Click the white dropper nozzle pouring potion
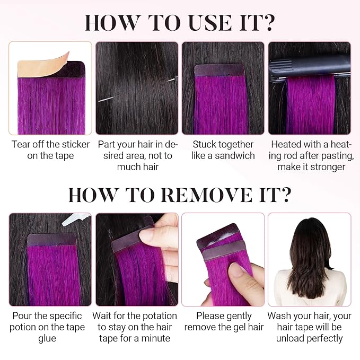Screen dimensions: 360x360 (76, 219)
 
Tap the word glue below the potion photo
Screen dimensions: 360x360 (47, 339)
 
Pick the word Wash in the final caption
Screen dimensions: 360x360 (277, 315)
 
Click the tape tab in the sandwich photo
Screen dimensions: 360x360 (219, 70)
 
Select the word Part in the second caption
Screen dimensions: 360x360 (106, 144)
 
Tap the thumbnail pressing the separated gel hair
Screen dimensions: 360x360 (223, 259)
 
